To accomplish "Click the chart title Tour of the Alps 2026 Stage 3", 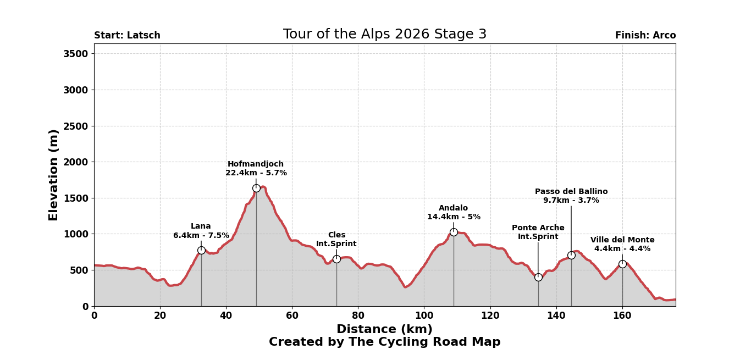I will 384,35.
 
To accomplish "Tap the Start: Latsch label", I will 127,36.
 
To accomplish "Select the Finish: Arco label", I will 645,36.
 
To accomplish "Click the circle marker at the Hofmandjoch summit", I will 256,188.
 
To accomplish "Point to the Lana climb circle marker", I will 201,250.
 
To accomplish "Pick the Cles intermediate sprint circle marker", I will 336,259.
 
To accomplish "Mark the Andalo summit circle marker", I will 454,232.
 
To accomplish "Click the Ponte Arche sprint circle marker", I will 538,277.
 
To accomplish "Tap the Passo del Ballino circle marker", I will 571,255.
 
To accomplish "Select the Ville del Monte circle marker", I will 622,264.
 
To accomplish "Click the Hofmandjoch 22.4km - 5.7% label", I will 256,169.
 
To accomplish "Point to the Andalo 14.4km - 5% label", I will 454,213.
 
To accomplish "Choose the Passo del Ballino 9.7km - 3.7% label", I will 571,196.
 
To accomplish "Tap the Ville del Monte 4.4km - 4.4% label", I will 622,245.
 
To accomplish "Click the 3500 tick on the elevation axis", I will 75,54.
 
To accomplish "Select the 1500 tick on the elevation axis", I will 75,198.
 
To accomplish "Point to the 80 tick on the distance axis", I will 358,316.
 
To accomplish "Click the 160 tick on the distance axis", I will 622,316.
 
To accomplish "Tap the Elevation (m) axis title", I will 54,175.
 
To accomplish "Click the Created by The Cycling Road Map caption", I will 384,342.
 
